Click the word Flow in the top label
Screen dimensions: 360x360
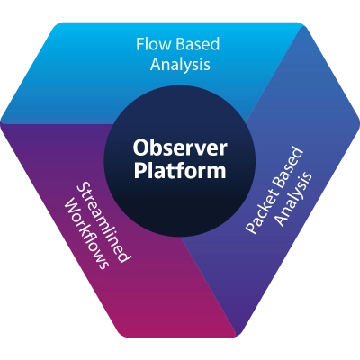coord(154,44)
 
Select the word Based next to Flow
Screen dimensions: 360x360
coord(198,44)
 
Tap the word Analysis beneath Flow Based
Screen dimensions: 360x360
coord(180,65)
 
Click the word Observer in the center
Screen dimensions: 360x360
coord(180,148)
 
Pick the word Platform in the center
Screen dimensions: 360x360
coord(180,170)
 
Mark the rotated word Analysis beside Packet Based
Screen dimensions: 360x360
coord(294,200)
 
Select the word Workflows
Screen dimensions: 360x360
coord(85,233)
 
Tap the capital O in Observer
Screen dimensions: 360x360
coord(140,148)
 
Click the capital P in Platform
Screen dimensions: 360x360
coord(139,170)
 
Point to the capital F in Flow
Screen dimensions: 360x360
coord(140,44)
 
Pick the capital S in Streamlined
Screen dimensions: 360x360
coord(82,188)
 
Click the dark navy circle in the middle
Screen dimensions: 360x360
coord(180,162)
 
